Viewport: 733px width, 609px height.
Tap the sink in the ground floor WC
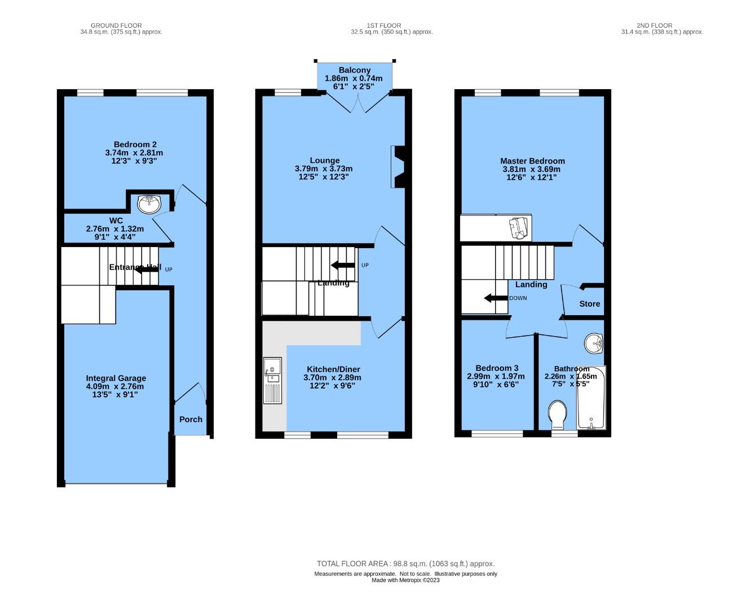coord(149,204)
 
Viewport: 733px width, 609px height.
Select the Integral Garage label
coord(116,378)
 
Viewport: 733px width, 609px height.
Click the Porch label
coord(191,420)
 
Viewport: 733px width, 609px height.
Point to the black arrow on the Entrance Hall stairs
coord(147,270)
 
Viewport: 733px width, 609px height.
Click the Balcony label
coord(355,70)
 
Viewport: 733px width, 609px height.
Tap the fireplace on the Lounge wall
coord(398,167)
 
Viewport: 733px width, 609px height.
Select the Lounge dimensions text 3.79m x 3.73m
coord(324,169)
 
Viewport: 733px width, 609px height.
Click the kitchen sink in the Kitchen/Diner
coord(272,380)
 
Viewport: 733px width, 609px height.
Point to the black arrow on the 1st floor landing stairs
coord(342,265)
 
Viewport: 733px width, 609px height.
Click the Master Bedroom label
coord(532,161)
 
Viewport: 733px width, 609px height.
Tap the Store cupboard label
coord(590,304)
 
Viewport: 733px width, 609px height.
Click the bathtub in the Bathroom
coord(591,398)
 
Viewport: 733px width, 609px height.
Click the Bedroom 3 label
coord(497,368)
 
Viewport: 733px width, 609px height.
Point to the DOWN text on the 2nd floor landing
coord(518,298)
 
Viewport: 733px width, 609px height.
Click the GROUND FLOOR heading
coord(116,25)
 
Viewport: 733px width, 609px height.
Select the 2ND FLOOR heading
coord(654,25)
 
